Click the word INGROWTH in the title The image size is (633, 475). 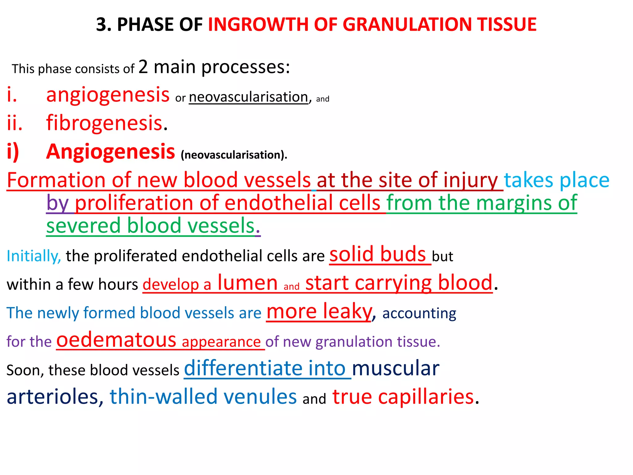tap(258, 24)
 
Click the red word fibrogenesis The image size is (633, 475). tap(104, 123)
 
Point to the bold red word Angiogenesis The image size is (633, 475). tap(111, 152)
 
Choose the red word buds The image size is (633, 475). tap(403, 254)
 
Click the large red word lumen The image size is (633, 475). tap(248, 283)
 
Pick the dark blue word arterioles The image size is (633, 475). tap(53, 396)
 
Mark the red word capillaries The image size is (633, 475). tap(426, 397)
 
